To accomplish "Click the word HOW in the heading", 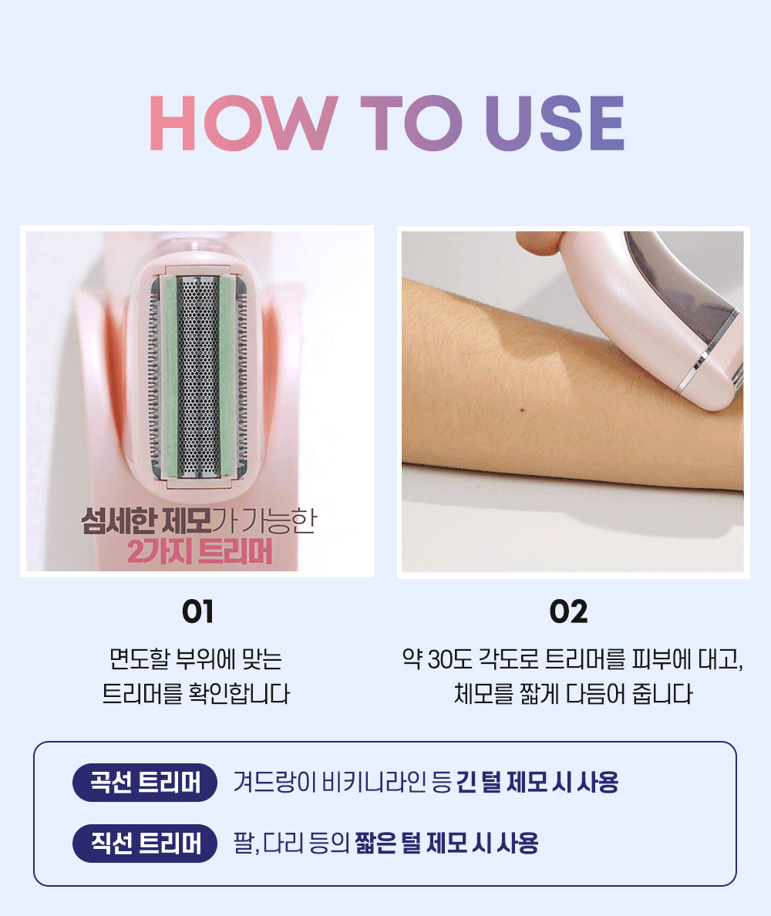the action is (x=244, y=123).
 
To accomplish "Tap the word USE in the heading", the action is (x=555, y=123).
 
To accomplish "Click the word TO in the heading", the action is (x=411, y=123).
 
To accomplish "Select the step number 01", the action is (x=197, y=611).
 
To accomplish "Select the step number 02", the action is (x=568, y=611).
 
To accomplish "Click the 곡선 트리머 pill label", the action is (x=145, y=782).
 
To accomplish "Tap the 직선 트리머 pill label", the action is (x=145, y=843).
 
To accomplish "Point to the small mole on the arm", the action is (x=522, y=409).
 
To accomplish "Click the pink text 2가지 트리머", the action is (x=200, y=551).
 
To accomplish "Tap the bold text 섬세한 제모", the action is (x=146, y=520).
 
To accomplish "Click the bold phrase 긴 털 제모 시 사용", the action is (x=537, y=782).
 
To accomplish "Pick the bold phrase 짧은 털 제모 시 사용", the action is (x=447, y=843).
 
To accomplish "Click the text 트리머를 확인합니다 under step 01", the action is (x=197, y=693).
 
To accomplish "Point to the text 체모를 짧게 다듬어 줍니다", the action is (x=573, y=693).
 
